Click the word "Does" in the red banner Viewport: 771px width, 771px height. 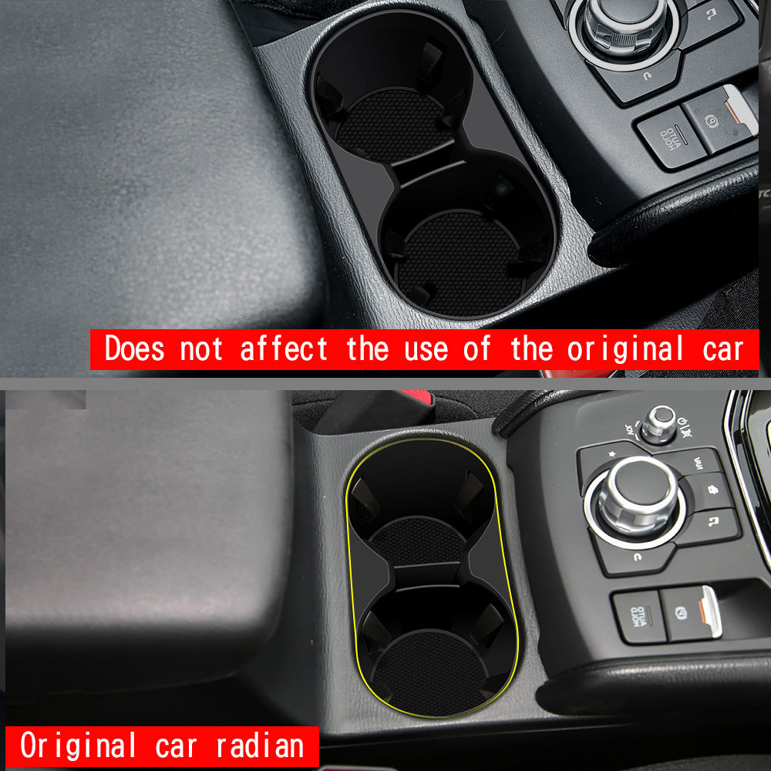pyautogui.click(x=134, y=349)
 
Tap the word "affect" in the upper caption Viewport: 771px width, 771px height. pyautogui.click(x=284, y=349)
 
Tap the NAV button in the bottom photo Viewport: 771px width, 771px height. pyautogui.click(x=699, y=463)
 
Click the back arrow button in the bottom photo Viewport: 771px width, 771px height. pyautogui.click(x=638, y=557)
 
